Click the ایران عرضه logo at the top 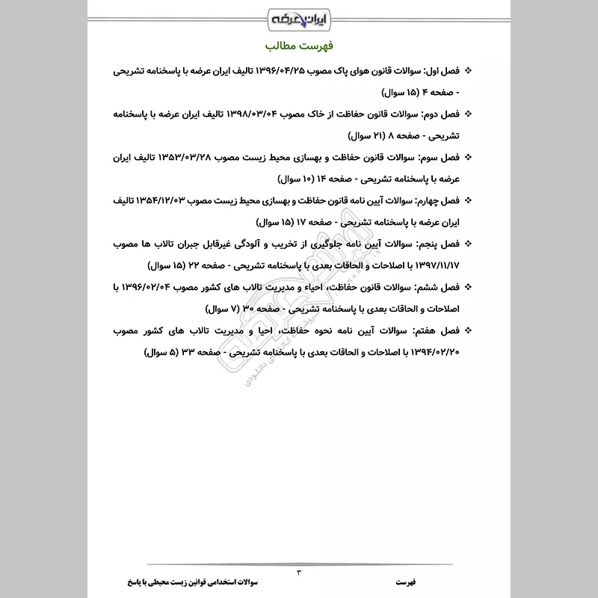coord(298,16)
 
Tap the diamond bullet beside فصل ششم coord(469,287)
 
